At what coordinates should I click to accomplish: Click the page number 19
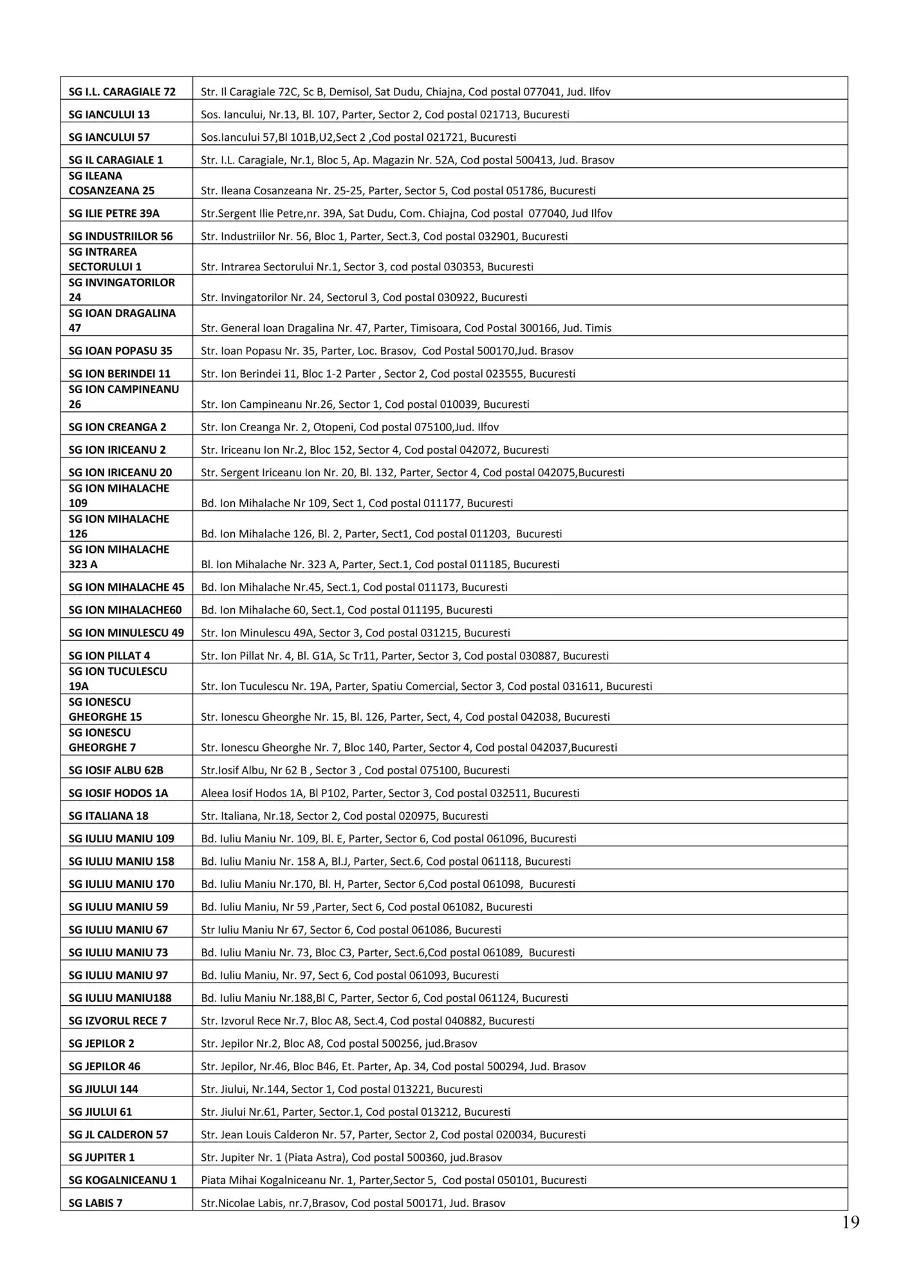(850, 1222)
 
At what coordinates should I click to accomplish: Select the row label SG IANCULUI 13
(109, 115)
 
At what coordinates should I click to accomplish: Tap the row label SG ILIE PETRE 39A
(114, 213)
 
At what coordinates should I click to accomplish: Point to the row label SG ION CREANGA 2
(117, 427)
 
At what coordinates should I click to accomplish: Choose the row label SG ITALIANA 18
(108, 816)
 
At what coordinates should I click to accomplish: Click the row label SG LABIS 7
(95, 1203)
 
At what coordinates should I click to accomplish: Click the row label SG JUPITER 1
(102, 1158)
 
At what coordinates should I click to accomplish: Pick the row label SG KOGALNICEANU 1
(122, 1180)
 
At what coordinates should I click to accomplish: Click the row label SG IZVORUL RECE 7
(117, 1021)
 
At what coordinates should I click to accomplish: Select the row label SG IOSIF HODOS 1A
(118, 793)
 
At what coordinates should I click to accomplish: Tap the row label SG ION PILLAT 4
(109, 656)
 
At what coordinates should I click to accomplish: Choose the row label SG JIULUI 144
(103, 1089)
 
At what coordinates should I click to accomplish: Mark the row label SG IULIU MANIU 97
(118, 976)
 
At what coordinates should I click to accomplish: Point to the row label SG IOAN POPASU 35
(120, 351)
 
